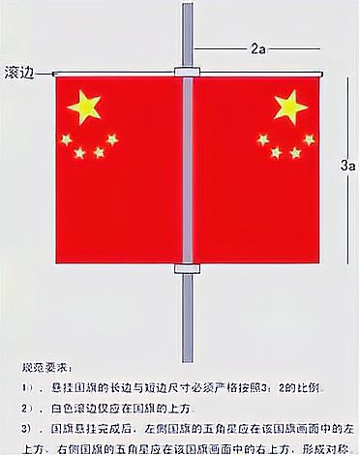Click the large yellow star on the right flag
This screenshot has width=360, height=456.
coord(289,106)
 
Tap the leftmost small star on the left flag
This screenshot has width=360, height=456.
coord(66,139)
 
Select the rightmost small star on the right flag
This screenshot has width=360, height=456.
coord(309,139)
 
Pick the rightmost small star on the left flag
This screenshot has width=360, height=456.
coord(112,139)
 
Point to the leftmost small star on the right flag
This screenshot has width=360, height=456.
coord(263,139)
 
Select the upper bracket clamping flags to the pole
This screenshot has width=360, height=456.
coord(188,73)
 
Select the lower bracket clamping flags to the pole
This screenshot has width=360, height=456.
coord(188,268)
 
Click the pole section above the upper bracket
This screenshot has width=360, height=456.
coord(188,34)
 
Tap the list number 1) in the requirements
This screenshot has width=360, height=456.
coord(28,388)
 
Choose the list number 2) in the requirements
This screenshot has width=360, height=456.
coord(28,408)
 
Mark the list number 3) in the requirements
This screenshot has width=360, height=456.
coord(28,427)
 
